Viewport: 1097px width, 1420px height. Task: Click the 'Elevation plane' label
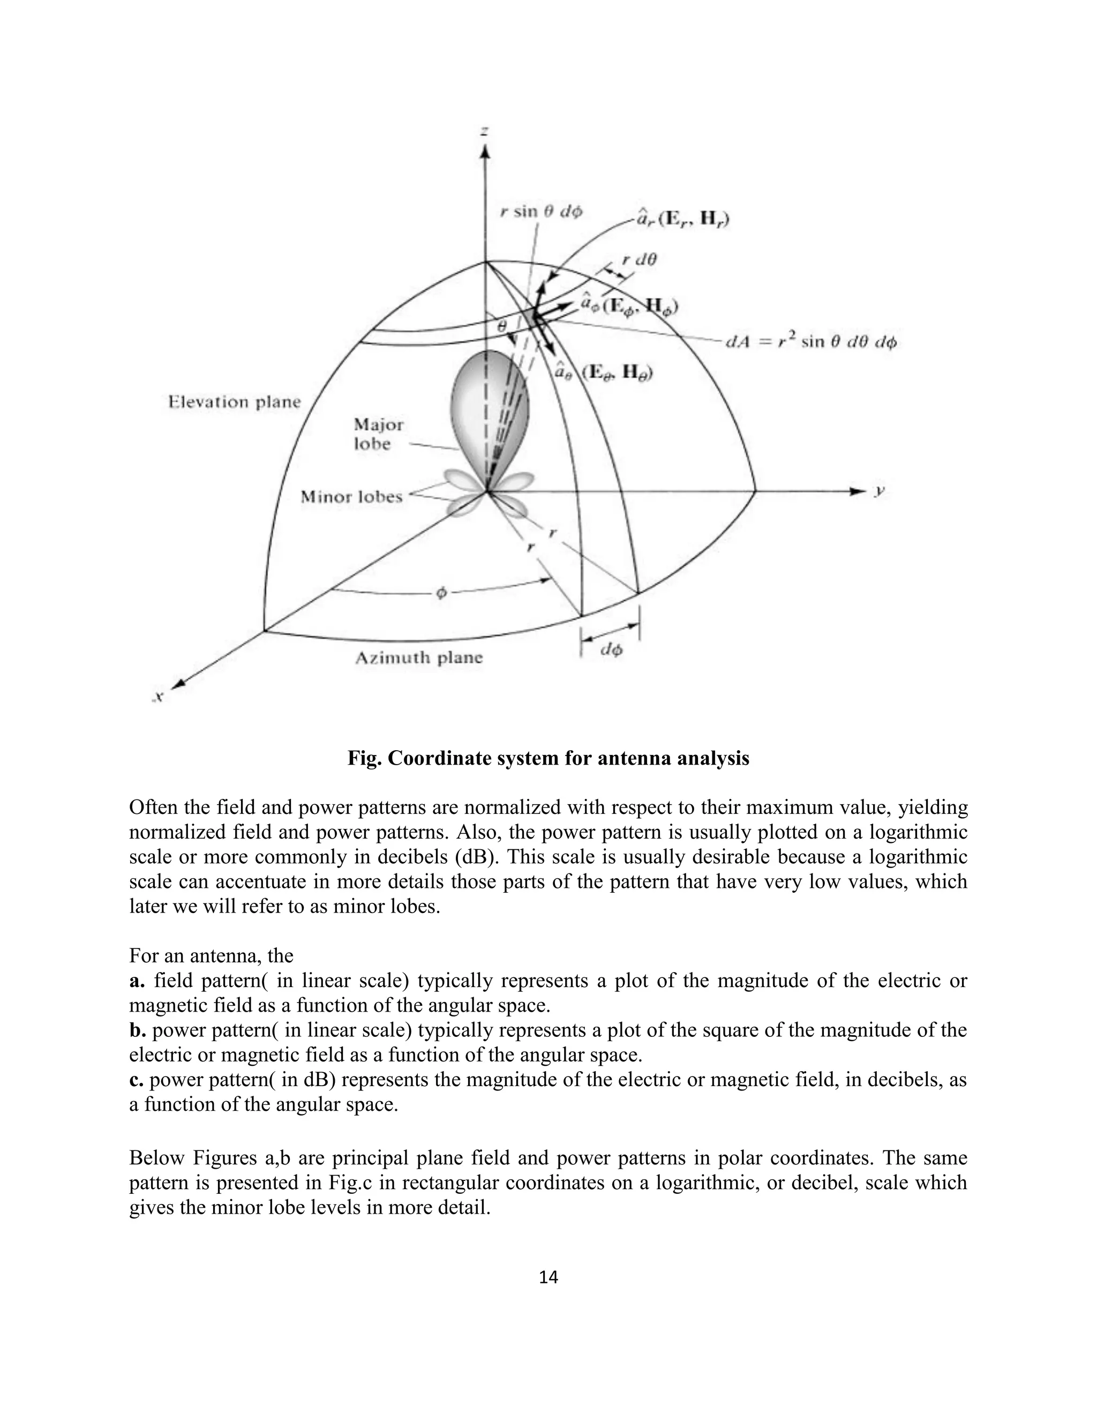[235, 402]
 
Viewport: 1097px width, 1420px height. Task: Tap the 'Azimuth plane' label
[419, 658]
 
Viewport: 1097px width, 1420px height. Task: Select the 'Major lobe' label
[378, 435]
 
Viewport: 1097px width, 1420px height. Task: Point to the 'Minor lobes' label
[351, 497]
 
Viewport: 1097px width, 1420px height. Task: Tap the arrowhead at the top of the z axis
[485, 152]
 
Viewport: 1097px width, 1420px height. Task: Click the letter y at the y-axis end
[880, 491]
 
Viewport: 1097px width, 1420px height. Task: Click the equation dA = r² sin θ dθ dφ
[811, 342]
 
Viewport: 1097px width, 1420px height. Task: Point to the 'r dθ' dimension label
[640, 259]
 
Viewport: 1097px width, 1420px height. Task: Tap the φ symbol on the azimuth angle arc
[441, 594]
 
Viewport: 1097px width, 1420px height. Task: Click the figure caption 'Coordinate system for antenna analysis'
[548, 758]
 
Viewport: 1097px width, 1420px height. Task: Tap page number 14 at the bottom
[548, 1277]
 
